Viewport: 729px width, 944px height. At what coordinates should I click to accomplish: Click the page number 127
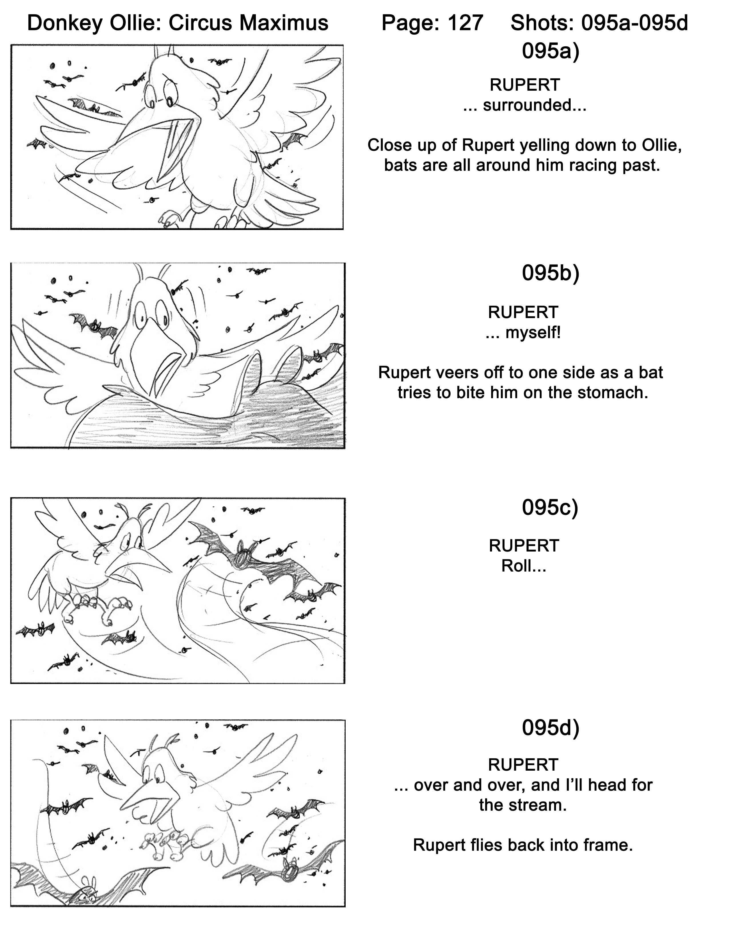coord(465,23)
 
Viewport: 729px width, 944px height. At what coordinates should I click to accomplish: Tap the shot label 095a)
coord(550,51)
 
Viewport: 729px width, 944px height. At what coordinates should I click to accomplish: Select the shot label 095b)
coord(550,273)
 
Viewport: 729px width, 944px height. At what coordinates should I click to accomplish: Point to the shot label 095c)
coord(550,508)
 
